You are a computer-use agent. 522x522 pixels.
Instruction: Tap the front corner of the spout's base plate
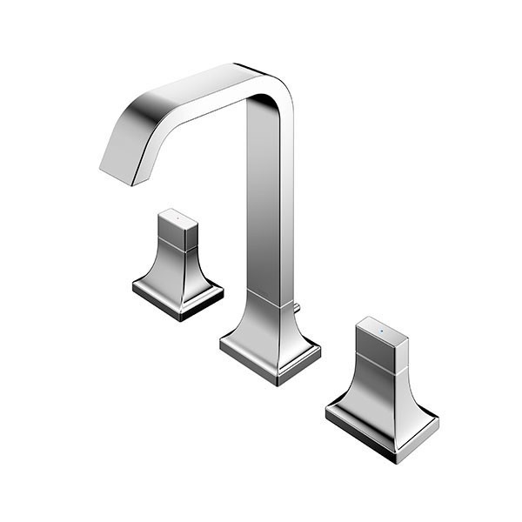278,383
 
